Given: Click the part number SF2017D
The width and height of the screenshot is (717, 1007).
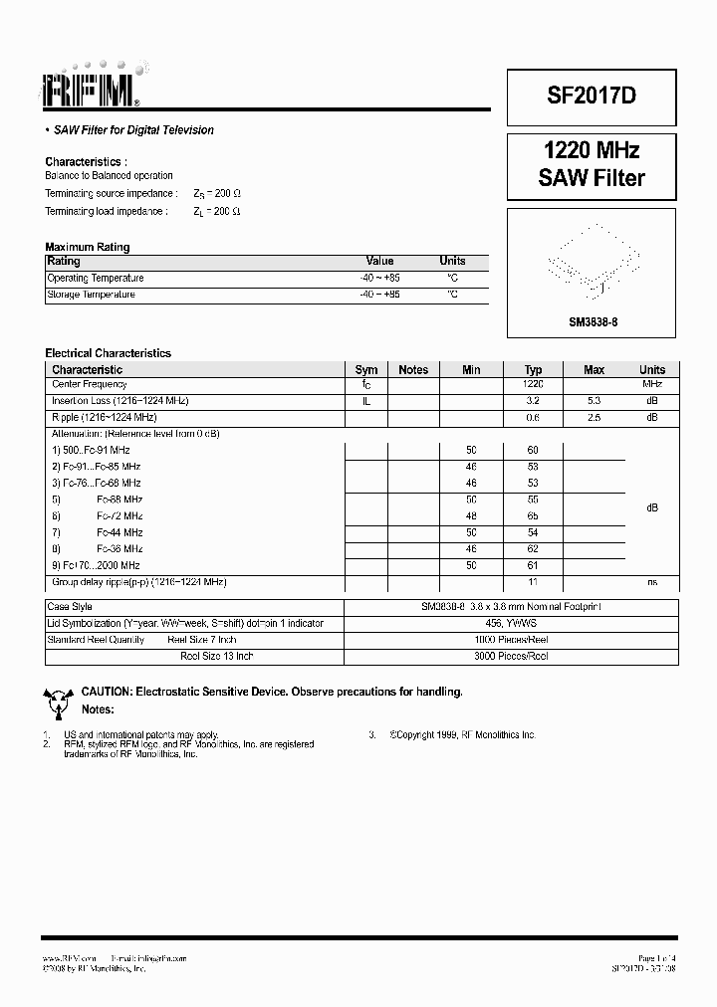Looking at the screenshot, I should click(592, 96).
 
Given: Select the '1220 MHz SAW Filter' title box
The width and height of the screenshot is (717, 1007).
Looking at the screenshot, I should click(592, 165).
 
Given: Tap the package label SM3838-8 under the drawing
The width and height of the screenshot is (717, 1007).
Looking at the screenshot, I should click(593, 322).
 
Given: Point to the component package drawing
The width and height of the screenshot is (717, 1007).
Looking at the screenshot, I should click(593, 264).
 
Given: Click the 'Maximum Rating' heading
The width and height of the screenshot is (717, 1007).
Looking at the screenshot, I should click(88, 247).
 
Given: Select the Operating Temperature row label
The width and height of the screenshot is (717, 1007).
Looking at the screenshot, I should click(96, 279).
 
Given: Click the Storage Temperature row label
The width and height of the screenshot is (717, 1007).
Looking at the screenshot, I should click(92, 295).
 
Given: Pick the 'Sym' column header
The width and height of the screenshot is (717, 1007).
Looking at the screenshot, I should click(366, 369).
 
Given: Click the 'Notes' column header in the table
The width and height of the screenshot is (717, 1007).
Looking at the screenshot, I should click(413, 369).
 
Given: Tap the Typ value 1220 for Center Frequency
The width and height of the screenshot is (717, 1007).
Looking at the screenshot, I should click(533, 384).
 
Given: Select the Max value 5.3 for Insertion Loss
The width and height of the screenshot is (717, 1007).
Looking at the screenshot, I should click(594, 401).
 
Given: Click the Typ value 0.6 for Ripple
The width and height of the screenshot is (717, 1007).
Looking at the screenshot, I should click(533, 417).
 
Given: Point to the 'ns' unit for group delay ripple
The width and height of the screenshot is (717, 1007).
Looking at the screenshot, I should click(652, 581).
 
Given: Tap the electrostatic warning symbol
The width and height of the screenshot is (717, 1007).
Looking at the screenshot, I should click(57, 701).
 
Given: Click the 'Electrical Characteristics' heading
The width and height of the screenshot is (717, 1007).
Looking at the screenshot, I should click(109, 353).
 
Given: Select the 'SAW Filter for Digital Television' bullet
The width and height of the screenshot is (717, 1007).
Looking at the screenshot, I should click(133, 130).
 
